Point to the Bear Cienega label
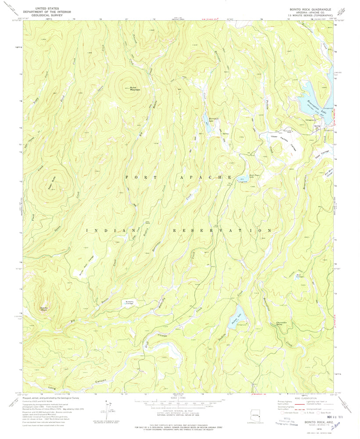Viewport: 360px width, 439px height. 300,276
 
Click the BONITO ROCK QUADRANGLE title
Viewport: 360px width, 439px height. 310,9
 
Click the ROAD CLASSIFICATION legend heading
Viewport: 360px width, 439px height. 306,399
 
